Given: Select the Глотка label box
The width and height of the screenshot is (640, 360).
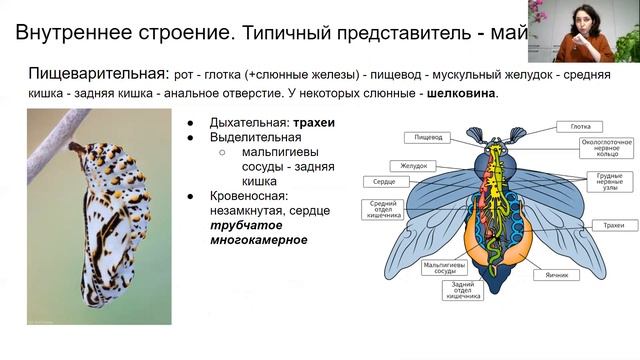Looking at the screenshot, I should pos(579,127).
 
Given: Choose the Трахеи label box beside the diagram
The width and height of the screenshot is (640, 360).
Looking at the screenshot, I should pos(600,226).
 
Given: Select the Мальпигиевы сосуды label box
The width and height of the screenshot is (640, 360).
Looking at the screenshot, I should pos(440,269).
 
